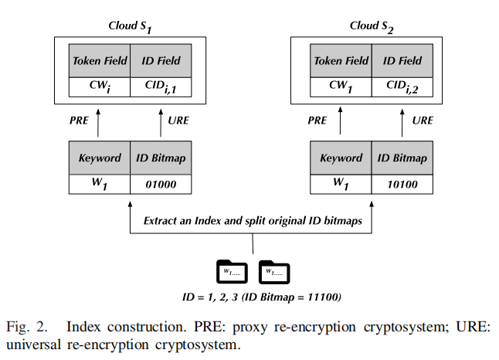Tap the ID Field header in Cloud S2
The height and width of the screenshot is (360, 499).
[401, 61]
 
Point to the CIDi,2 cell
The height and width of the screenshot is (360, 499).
[401, 87]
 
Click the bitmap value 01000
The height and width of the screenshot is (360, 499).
[161, 185]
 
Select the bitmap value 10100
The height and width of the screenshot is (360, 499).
[401, 185]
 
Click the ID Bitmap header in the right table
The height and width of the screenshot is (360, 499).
[401, 158]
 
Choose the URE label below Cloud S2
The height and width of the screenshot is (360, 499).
[423, 121]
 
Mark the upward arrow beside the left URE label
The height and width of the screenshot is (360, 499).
[161, 121]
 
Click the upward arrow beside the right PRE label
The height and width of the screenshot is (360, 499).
[341, 121]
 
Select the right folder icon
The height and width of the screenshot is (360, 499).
[274, 271]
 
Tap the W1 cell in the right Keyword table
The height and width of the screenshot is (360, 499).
[341, 185]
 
